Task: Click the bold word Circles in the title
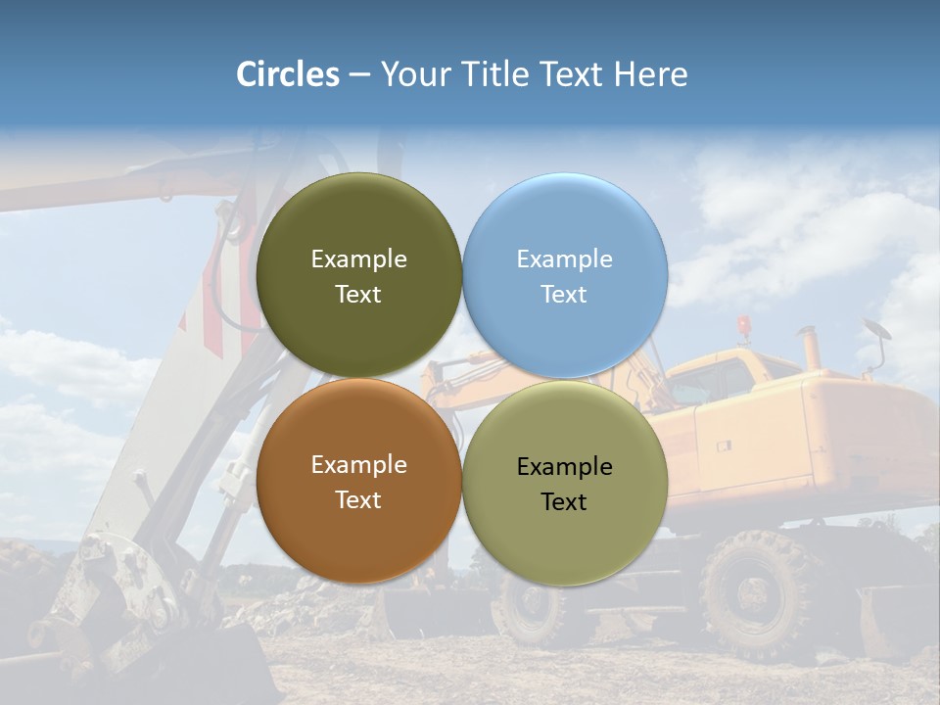click(288, 74)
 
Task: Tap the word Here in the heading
click(650, 74)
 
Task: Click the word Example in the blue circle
click(565, 259)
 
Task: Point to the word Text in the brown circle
click(358, 500)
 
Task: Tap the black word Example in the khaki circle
click(565, 467)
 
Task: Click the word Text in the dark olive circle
click(358, 295)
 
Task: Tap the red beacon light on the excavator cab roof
click(745, 324)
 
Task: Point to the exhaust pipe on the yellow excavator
click(810, 347)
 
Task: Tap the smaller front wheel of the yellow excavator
click(530, 607)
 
